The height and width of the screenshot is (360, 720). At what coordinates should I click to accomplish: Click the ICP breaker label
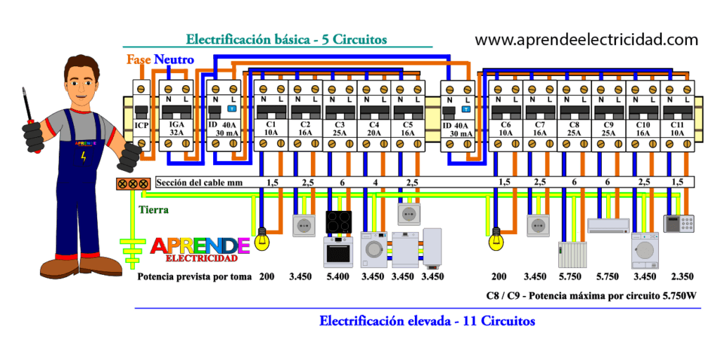click(141, 125)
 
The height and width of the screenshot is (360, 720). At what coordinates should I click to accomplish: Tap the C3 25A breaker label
click(340, 129)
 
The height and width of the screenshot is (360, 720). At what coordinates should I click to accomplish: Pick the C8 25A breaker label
click(574, 129)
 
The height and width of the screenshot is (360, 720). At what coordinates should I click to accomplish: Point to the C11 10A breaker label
click(677, 129)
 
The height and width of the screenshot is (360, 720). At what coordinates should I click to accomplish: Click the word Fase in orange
click(139, 59)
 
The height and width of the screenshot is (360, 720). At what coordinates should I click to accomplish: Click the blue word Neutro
click(174, 59)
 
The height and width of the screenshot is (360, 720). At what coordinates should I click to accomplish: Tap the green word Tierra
click(153, 210)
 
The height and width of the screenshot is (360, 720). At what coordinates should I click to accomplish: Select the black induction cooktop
click(339, 221)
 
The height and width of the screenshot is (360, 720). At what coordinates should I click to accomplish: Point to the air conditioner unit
click(608, 226)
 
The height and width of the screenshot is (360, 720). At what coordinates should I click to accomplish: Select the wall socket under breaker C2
click(304, 226)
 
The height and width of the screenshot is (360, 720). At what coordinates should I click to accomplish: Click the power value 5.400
click(337, 276)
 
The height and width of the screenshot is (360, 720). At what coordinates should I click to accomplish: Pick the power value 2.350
click(682, 276)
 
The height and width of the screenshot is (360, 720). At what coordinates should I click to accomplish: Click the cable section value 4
click(375, 183)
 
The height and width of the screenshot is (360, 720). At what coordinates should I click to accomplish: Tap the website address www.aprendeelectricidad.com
click(586, 39)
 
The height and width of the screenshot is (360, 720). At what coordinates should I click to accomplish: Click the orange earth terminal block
click(133, 184)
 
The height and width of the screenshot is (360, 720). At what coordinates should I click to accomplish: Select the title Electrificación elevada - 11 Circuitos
click(427, 321)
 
